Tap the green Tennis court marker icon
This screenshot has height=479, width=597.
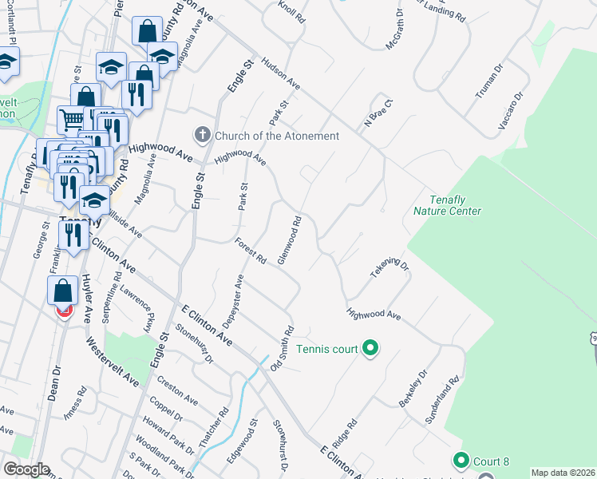(x=370, y=348)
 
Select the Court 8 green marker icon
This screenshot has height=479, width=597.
(x=461, y=461)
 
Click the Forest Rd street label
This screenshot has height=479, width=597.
(x=251, y=251)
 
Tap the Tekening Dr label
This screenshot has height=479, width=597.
(x=389, y=268)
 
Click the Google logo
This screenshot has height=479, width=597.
(x=26, y=469)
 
